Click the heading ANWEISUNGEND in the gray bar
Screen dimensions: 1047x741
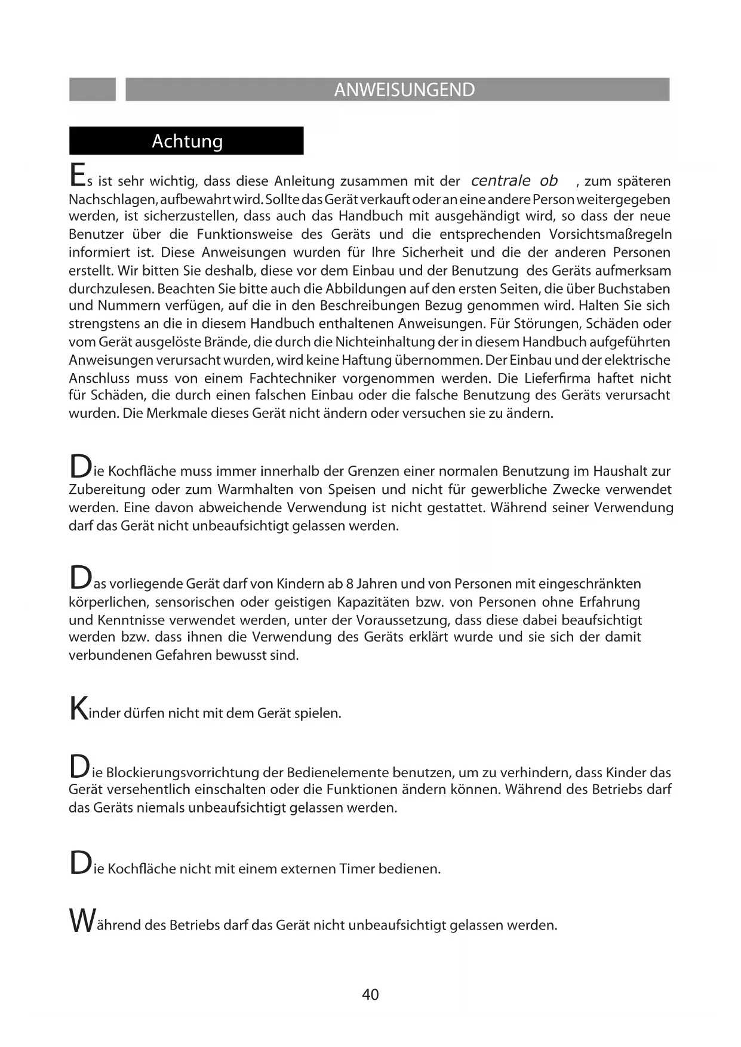click(404, 90)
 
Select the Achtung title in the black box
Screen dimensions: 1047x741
click(187, 141)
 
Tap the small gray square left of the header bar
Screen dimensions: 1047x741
click(93, 90)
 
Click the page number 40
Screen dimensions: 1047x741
click(370, 994)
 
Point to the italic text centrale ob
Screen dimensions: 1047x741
click(514, 180)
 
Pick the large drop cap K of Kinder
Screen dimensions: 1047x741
click(78, 708)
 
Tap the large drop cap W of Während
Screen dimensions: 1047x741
click(81, 920)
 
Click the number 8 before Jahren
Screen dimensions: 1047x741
click(350, 583)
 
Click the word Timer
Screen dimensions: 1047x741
click(356, 869)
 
